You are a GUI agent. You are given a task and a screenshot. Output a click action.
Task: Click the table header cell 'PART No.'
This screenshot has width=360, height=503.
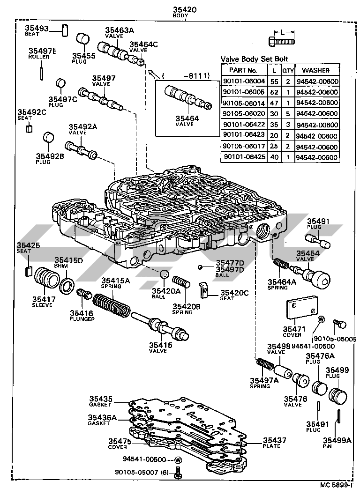point(243,70)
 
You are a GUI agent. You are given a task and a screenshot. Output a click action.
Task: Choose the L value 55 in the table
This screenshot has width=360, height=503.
point(274,81)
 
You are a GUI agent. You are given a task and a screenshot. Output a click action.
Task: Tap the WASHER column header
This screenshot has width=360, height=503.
point(316,70)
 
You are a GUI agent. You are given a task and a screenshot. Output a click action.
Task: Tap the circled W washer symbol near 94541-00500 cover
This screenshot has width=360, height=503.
point(322,319)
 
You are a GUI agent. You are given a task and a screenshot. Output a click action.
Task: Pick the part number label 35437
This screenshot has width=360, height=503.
point(274,441)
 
